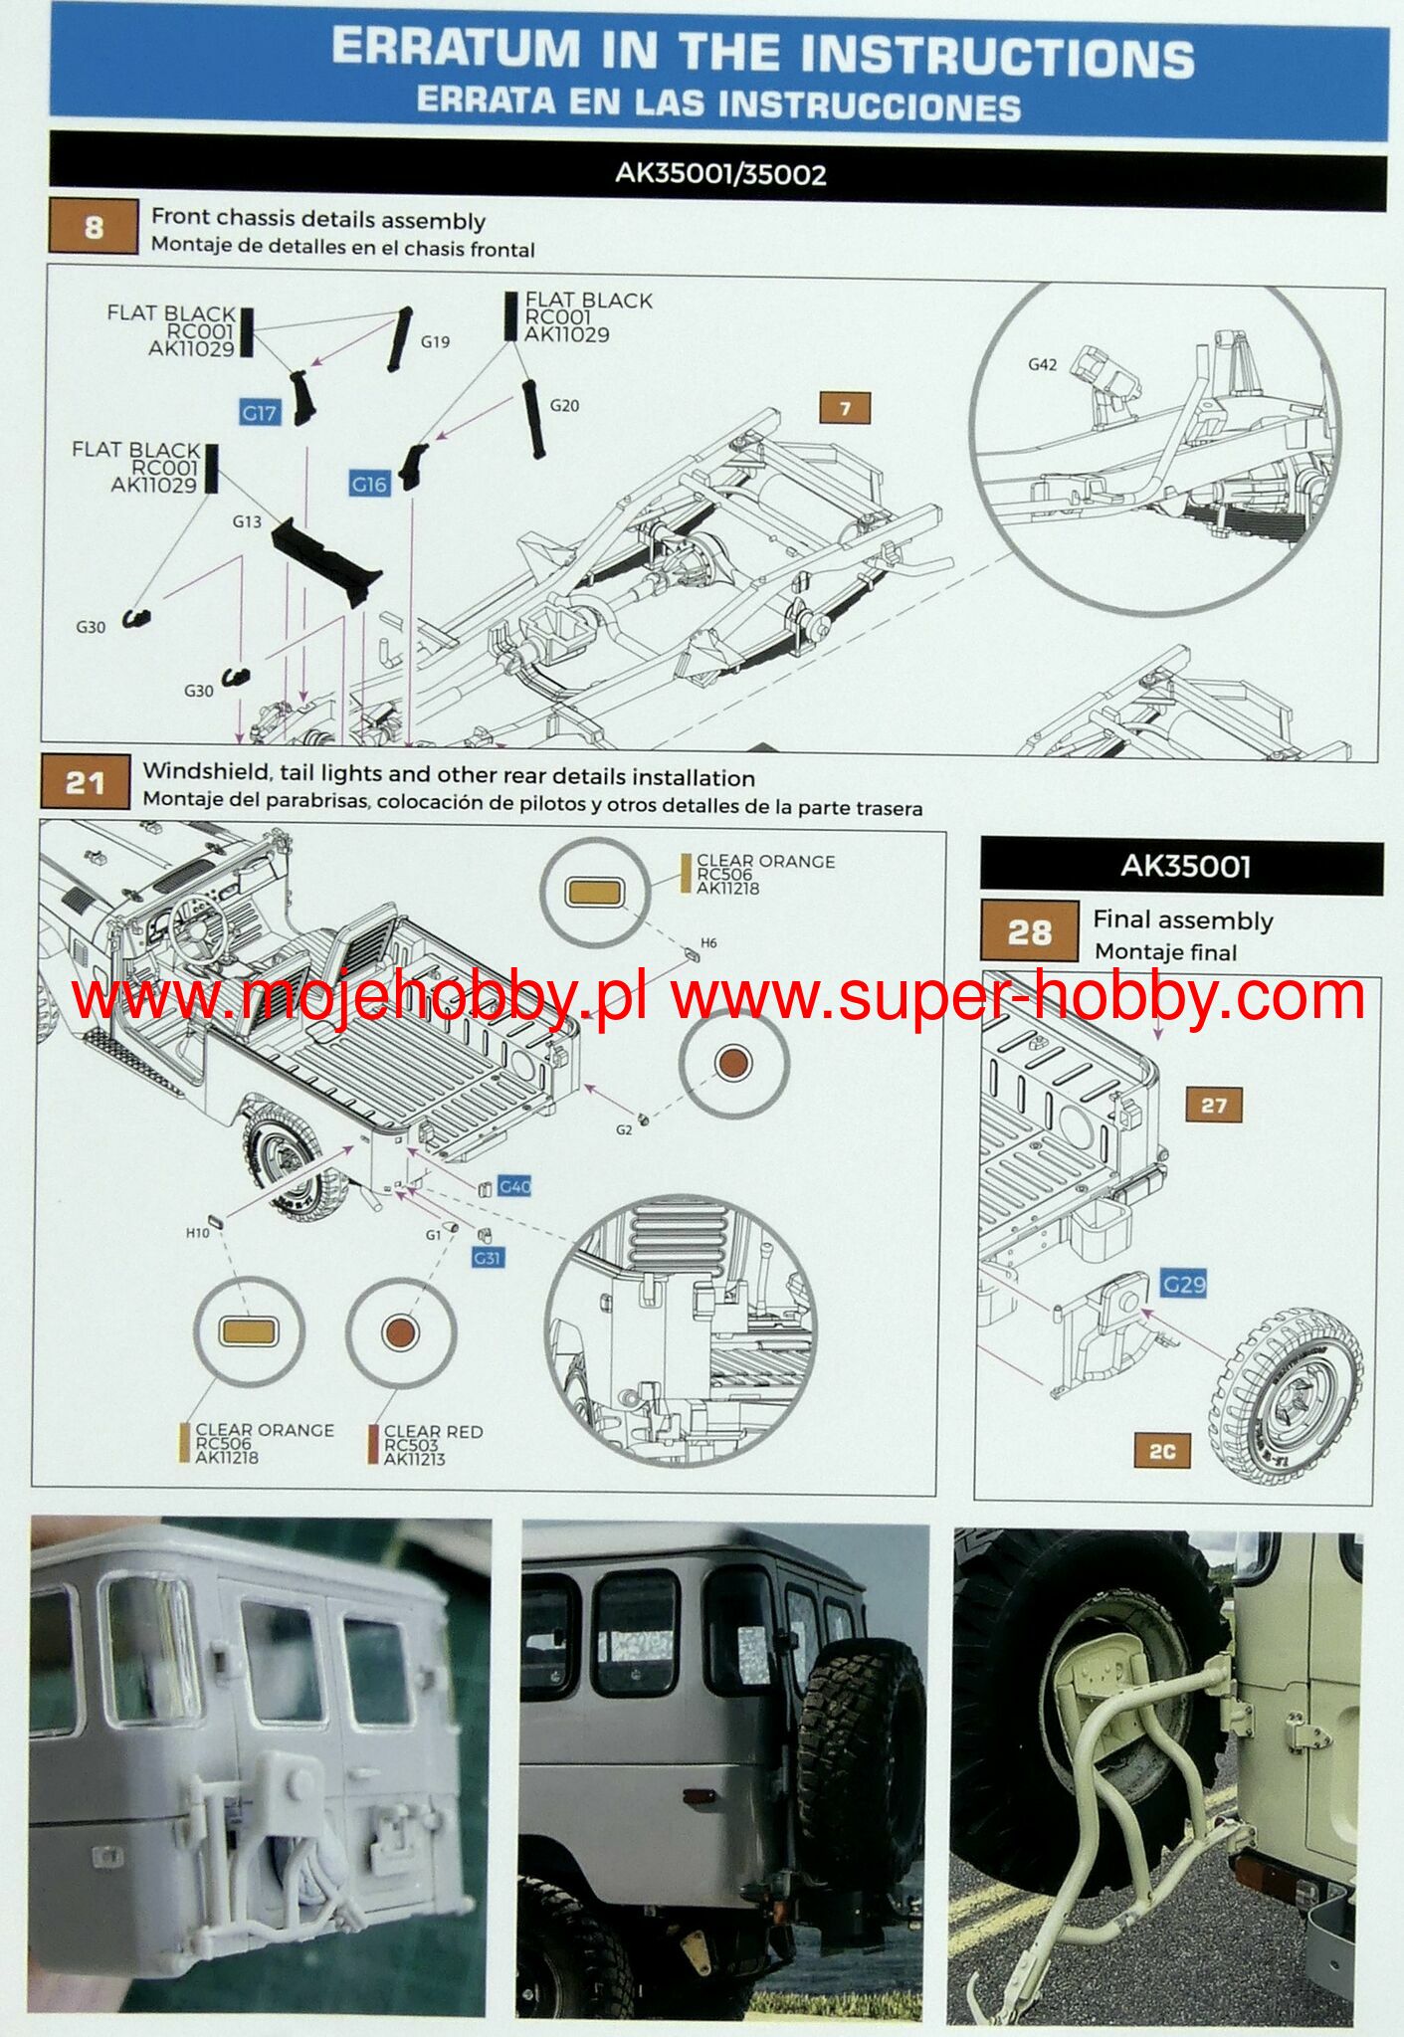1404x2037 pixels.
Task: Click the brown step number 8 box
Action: point(93,228)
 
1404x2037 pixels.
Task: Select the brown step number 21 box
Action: point(85,783)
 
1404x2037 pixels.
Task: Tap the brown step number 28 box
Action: point(1029,931)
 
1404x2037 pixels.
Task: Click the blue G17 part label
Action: point(259,412)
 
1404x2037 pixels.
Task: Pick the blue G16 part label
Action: point(369,485)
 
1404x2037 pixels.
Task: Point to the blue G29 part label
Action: point(1184,1284)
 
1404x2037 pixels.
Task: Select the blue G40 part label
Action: point(514,1186)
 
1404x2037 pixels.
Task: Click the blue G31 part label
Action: point(487,1258)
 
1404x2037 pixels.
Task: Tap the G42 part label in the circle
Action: point(1042,365)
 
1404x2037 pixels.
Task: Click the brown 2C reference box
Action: point(1162,1451)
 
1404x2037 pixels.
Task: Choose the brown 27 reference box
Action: point(1213,1105)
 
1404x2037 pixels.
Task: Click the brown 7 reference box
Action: point(845,408)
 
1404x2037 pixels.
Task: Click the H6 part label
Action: point(708,942)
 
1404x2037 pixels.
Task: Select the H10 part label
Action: point(197,1233)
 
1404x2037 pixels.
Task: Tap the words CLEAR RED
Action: point(433,1431)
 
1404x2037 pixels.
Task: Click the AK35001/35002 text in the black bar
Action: point(720,174)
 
